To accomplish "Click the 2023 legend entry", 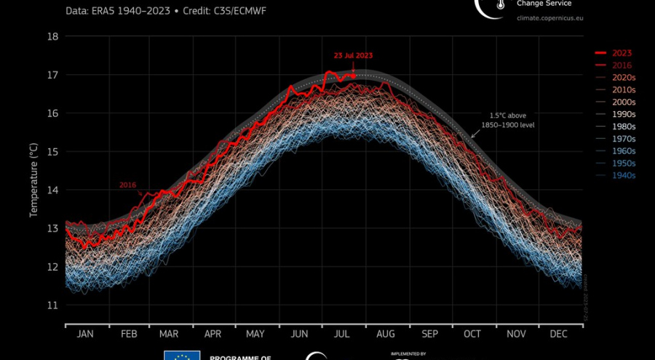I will tap(621, 53).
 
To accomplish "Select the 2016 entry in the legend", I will tap(621, 65).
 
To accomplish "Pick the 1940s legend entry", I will tap(623, 175).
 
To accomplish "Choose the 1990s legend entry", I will tap(623, 114).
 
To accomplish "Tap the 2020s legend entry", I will tap(623, 78).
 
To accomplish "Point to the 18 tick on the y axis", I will tap(52, 36).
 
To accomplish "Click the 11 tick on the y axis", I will tap(52, 305).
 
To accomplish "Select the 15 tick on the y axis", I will tap(52, 151).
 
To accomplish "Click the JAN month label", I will tap(85, 334).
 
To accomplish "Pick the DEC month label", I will tap(559, 334).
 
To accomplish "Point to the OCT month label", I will tap(472, 334).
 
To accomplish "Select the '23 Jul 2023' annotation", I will tap(353, 55).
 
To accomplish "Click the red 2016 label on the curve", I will tap(128, 185).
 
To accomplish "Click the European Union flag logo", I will tap(182, 355).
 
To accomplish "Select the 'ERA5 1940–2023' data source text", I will tap(130, 12).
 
